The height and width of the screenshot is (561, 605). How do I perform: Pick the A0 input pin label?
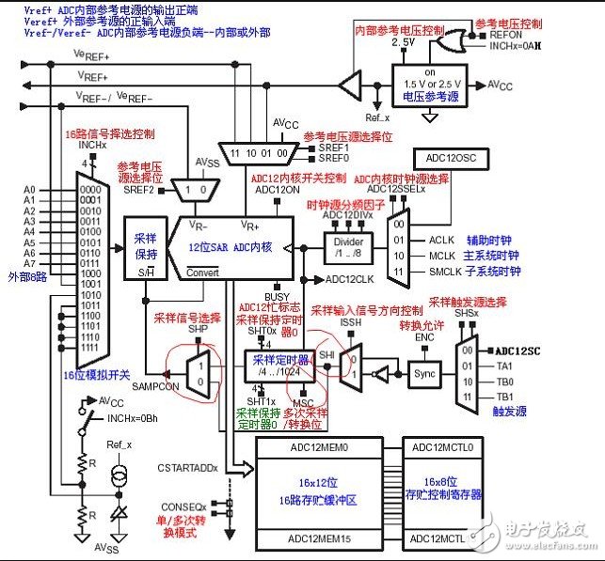[x=29, y=190]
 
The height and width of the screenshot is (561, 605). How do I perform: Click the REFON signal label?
[x=505, y=33]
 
